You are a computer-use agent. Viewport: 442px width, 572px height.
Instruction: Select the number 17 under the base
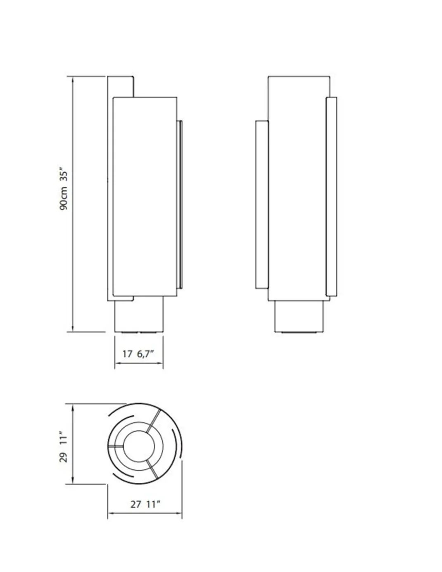(127, 354)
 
